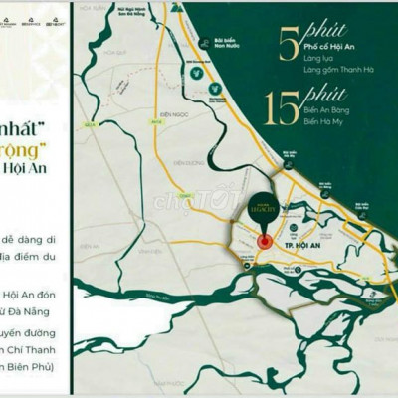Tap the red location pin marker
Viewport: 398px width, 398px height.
[x=264, y=242]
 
